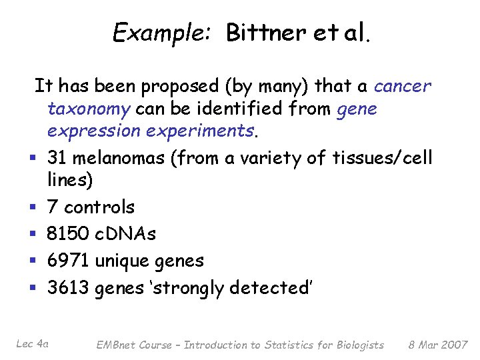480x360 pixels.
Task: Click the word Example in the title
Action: [x=149, y=32]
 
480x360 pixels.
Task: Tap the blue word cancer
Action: [x=403, y=86]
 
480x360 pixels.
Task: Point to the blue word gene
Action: [x=357, y=109]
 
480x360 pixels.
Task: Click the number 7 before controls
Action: [x=52, y=207]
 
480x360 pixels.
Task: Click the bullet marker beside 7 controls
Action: [x=31, y=208]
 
